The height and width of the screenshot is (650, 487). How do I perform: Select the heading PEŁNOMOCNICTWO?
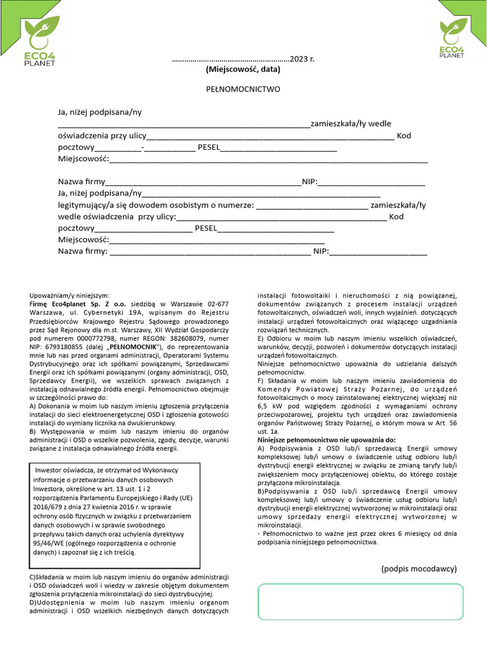coord(243,90)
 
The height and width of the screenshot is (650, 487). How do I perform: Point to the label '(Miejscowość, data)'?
coord(243,69)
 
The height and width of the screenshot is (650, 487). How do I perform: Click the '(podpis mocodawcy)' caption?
coord(419,569)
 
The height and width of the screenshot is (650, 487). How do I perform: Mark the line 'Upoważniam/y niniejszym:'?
coord(70,295)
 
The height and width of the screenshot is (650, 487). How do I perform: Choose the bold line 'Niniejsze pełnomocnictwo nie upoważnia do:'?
coord(327,439)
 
